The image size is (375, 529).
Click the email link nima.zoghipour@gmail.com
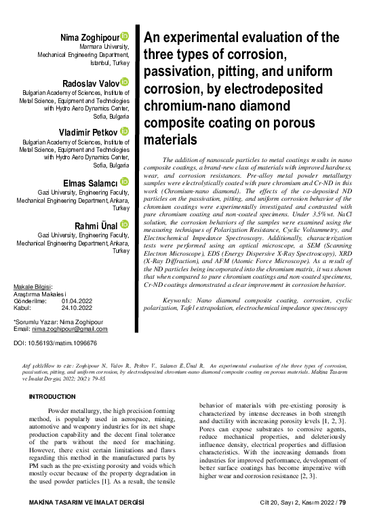[x=70, y=329]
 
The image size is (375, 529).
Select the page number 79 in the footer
[x=342, y=521]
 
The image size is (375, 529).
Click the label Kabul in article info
[x=23, y=308]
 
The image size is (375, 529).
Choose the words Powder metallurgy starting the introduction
[x=72, y=412]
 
